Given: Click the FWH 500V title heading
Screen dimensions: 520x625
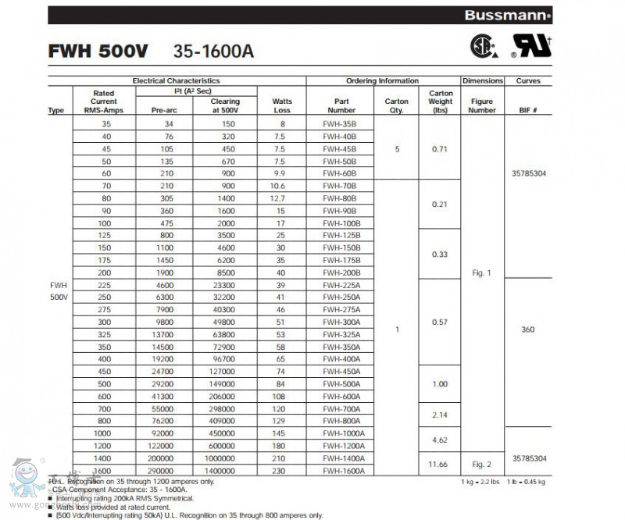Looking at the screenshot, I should tap(95, 52).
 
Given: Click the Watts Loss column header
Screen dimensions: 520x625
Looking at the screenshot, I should tap(282, 105).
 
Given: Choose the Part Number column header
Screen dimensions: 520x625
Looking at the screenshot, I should tap(341, 105).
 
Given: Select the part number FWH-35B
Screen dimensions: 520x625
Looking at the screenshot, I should tap(340, 124).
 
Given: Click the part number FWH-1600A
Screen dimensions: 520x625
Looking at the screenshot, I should tap(343, 471).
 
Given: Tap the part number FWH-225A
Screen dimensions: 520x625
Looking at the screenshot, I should tap(341, 285).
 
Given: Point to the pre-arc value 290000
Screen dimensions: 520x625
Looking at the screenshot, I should tap(160, 471).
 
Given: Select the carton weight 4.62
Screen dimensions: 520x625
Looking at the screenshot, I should tap(441, 440).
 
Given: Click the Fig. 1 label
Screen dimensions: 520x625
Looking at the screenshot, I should tap(482, 272).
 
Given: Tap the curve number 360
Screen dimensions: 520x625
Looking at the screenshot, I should tap(527, 329).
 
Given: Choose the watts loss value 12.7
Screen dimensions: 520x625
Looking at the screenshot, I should tap(282, 198).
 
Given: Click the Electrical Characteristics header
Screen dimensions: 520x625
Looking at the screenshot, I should tap(176, 81).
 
